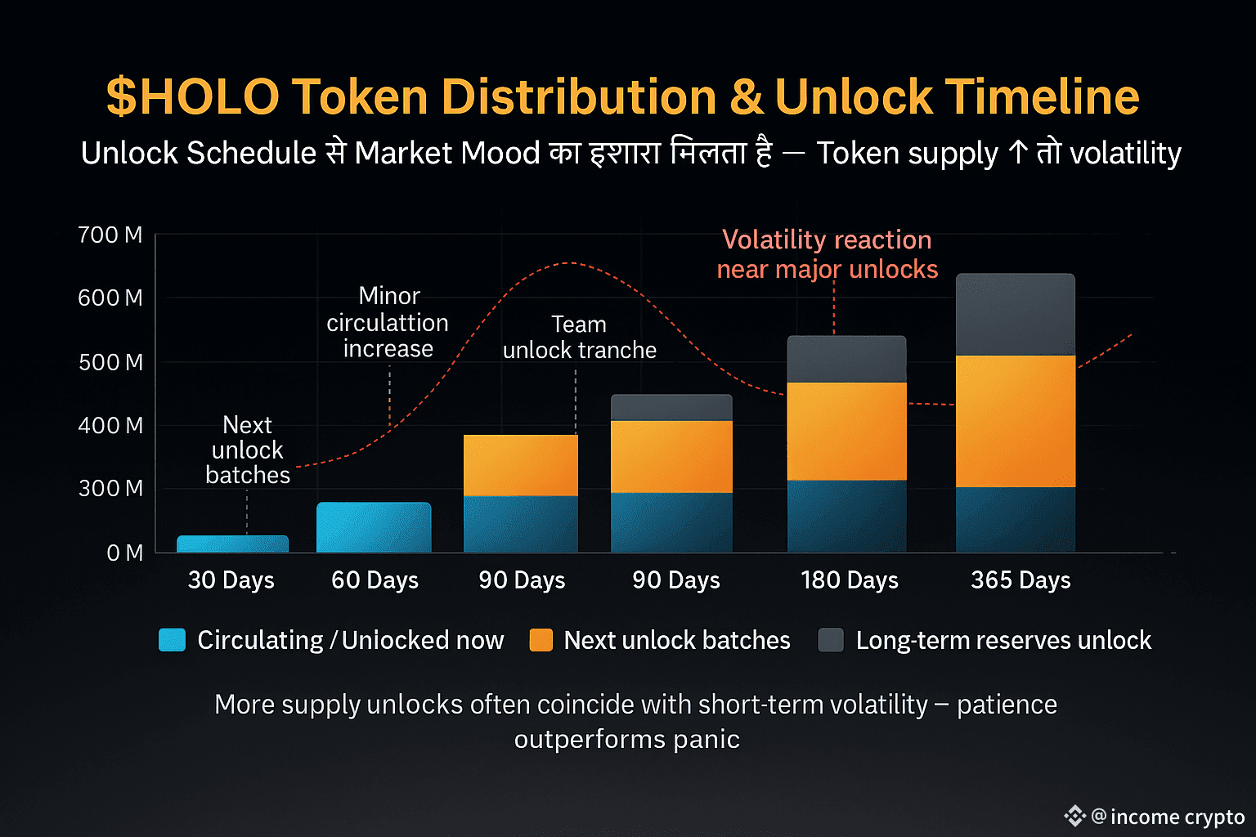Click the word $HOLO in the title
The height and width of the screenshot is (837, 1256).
(193, 96)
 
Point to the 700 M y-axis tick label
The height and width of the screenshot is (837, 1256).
(110, 235)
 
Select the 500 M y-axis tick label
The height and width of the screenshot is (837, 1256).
(110, 362)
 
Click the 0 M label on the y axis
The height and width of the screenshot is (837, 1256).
(124, 553)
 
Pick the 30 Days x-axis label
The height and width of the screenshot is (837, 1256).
(231, 580)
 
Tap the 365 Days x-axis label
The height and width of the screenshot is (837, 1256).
(1020, 580)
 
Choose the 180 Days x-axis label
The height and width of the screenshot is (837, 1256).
(850, 580)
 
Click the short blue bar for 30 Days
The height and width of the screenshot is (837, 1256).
(232, 544)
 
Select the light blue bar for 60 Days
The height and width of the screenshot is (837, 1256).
(374, 527)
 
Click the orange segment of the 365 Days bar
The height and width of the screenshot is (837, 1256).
(1016, 421)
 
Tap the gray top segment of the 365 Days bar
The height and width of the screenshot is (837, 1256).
(1016, 315)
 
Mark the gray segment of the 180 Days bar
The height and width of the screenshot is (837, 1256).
(846, 360)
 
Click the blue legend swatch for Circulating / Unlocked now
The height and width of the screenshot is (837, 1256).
(172, 640)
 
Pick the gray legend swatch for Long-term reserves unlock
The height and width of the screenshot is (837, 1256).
(831, 640)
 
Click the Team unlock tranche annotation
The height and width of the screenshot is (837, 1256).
(579, 338)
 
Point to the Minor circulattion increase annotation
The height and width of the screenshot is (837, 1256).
(388, 322)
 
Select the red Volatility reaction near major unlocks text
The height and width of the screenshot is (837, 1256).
(827, 254)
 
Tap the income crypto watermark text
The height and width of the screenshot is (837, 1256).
(1177, 817)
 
